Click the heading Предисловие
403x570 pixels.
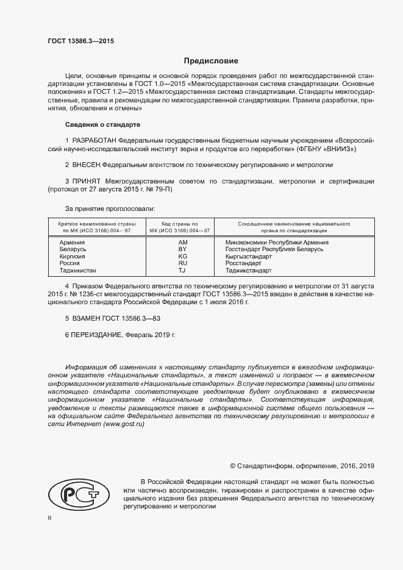coord(211,61)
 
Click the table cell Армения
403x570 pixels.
coord(72,243)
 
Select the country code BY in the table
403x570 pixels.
coord(182,250)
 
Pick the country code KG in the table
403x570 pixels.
coord(182,257)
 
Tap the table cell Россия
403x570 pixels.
coord(70,263)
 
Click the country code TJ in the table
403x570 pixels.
coord(182,270)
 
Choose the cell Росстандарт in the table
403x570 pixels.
coord(243,263)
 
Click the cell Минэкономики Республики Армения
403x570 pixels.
coord(277,243)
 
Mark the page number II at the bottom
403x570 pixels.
coord(50,518)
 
